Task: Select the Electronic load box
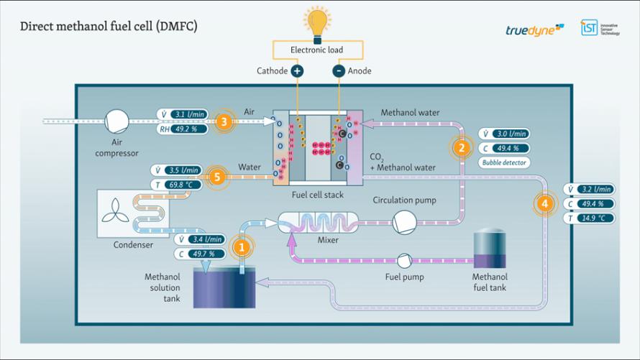pyautogui.click(x=316, y=50)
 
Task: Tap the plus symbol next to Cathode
pyautogui.click(x=296, y=70)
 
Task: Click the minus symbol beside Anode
pyautogui.click(x=338, y=70)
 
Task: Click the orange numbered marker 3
pyautogui.click(x=224, y=122)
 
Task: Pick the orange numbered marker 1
pyautogui.click(x=242, y=247)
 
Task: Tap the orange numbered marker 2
pyautogui.click(x=461, y=147)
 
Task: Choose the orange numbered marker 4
pyautogui.click(x=545, y=203)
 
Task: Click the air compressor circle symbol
pyautogui.click(x=116, y=121)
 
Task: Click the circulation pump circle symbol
pyautogui.click(x=404, y=222)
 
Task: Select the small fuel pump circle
pyautogui.click(x=403, y=260)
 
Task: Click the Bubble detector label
pyautogui.click(x=504, y=162)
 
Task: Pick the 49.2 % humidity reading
pyautogui.click(x=189, y=129)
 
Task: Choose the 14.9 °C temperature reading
pyautogui.click(x=594, y=218)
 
